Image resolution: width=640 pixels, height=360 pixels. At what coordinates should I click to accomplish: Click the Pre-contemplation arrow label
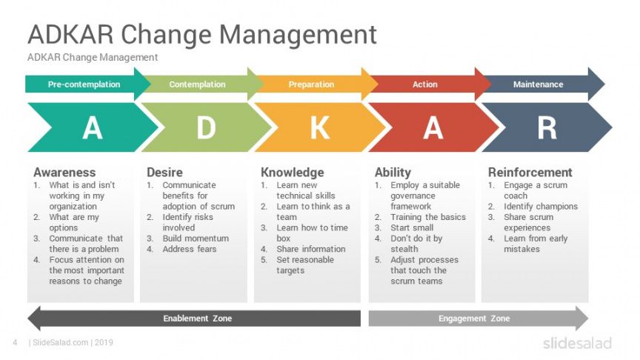pyautogui.click(x=84, y=84)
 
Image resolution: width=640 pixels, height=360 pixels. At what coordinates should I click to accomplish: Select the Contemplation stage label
pyautogui.click(x=197, y=84)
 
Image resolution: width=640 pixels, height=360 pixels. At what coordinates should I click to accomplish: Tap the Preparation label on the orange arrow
pyautogui.click(x=311, y=84)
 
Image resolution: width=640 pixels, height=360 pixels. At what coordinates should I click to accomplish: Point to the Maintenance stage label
pyautogui.click(x=538, y=84)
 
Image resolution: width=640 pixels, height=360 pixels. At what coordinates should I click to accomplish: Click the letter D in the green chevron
pyautogui.click(x=206, y=127)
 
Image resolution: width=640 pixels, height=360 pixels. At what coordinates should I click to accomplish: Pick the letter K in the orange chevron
pyautogui.click(x=320, y=127)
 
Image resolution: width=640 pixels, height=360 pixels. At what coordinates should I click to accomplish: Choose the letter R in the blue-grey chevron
pyautogui.click(x=547, y=127)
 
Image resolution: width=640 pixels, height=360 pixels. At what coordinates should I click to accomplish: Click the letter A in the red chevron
pyautogui.click(x=433, y=127)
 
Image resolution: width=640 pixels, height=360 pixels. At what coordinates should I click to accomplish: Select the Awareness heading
pyautogui.click(x=64, y=173)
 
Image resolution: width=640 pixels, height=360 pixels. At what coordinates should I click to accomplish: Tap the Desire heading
pyautogui.click(x=164, y=173)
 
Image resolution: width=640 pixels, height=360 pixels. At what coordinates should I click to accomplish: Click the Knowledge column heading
pyautogui.click(x=293, y=173)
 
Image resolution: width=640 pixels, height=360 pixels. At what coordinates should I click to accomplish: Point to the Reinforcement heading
pyautogui.click(x=530, y=173)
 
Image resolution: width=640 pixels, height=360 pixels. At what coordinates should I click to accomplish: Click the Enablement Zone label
pyautogui.click(x=198, y=319)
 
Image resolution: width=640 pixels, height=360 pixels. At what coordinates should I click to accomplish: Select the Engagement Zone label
pyautogui.click(x=474, y=319)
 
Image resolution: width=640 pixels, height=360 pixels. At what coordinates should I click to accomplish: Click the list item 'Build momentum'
pyautogui.click(x=196, y=239)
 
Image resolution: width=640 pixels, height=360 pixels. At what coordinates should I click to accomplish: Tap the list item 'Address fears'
pyautogui.click(x=190, y=249)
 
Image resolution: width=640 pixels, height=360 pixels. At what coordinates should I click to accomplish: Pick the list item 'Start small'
pyautogui.click(x=412, y=227)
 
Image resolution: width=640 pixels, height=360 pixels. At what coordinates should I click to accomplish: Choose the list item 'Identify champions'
pyautogui.click(x=541, y=207)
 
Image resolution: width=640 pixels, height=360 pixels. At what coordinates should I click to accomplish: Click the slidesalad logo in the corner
pyautogui.click(x=577, y=343)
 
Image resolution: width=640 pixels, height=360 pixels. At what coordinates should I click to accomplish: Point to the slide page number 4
pyautogui.click(x=15, y=342)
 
